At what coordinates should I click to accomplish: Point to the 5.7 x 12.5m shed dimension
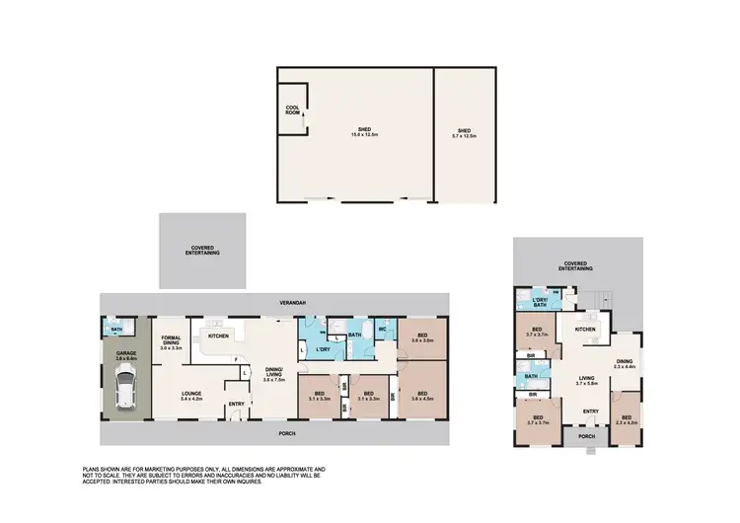click(x=465, y=134)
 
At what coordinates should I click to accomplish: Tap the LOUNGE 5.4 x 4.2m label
click(x=191, y=397)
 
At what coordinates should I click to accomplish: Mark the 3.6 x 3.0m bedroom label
click(x=422, y=340)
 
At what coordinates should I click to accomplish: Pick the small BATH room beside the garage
click(x=115, y=329)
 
